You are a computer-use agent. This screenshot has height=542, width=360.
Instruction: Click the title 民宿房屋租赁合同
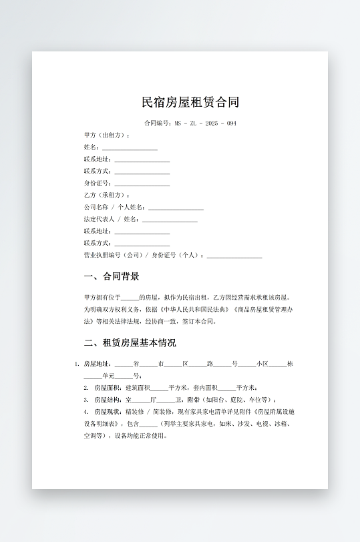(190, 102)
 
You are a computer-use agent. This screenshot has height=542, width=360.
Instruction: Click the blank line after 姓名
(130, 148)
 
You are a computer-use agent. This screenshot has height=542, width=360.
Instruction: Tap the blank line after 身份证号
(142, 184)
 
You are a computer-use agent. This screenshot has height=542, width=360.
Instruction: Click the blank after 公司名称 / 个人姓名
(176, 208)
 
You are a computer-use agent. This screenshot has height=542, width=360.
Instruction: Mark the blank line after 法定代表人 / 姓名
(170, 220)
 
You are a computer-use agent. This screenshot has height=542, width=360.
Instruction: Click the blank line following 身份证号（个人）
(234, 256)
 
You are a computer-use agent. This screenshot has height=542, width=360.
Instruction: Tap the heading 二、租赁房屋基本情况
(130, 343)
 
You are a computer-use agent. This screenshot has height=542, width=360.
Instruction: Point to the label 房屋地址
(97, 364)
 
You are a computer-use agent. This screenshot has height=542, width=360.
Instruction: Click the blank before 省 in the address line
(124, 364)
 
